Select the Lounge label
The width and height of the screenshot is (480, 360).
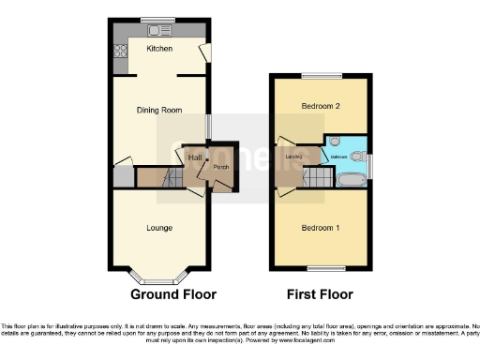click(x=159, y=227)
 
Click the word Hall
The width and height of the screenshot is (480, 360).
click(x=195, y=157)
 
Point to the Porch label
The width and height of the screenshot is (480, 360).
click(x=221, y=168)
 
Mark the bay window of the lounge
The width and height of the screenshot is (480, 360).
click(x=158, y=277)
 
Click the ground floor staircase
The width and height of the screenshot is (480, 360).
click(x=159, y=176)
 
